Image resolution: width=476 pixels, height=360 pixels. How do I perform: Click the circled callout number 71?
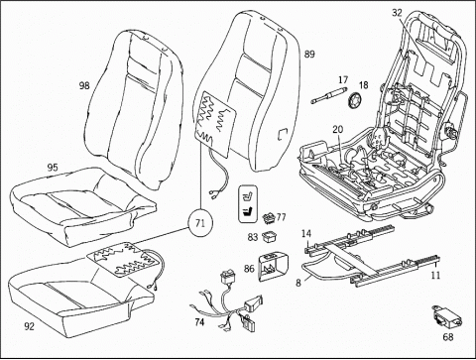pos(200,224)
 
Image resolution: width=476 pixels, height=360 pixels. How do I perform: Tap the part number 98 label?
pos(84,85)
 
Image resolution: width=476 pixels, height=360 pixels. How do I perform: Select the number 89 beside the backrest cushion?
pos(309,55)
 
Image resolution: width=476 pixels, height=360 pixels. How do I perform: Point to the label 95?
pos(53,168)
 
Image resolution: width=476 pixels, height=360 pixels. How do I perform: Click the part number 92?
pos(29,326)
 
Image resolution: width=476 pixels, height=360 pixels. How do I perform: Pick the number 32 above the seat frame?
pos(397,13)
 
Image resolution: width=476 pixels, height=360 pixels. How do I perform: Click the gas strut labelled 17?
pos(329,95)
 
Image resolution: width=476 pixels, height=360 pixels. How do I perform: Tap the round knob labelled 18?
pos(355,100)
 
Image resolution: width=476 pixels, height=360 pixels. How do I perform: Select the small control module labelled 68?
pos(448,317)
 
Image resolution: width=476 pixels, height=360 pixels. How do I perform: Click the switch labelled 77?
pos(270,218)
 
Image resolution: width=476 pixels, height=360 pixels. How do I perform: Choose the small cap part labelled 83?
pos(270,236)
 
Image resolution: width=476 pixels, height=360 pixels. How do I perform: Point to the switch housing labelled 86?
pos(273,266)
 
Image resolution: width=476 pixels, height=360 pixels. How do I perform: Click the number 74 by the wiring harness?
pos(199,321)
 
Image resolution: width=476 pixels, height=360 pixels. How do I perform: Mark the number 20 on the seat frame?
pos(338,129)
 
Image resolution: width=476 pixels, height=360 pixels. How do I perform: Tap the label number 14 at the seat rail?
pos(306,234)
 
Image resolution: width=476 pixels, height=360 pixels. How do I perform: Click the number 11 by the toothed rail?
pos(435,275)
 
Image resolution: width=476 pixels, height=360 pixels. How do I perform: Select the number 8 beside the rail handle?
pos(298,284)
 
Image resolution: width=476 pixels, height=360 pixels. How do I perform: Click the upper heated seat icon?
pos(248,194)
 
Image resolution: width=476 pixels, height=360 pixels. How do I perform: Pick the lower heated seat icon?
pos(248,211)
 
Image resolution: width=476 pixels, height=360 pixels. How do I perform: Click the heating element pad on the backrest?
pos(215,123)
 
